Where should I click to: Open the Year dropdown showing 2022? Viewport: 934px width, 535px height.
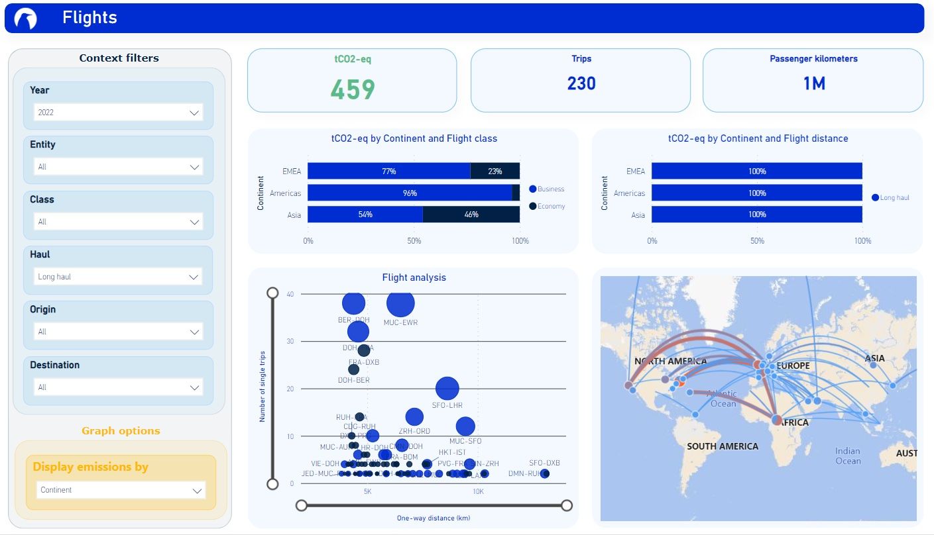(118, 113)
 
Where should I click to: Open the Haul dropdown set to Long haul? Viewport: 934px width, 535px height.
(118, 277)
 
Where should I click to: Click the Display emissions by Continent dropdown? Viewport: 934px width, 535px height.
(121, 491)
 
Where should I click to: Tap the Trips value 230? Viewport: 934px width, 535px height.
(581, 83)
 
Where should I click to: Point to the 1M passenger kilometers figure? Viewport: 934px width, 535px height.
(813, 83)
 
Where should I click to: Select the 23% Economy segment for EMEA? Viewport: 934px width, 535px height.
(495, 171)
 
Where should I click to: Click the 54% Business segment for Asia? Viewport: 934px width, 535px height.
(365, 215)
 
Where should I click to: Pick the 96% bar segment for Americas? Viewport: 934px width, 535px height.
(410, 193)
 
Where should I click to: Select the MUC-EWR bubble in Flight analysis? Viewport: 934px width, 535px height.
(400, 303)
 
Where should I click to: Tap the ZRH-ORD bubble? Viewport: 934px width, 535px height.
(414, 416)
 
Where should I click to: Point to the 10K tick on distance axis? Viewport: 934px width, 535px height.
(478, 492)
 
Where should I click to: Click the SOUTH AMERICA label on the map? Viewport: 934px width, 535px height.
(723, 446)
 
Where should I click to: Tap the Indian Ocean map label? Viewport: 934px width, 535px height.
(848, 456)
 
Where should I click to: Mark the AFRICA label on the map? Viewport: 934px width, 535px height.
(794, 422)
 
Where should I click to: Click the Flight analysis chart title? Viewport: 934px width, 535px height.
(414, 277)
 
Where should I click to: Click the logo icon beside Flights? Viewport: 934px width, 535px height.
(25, 19)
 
